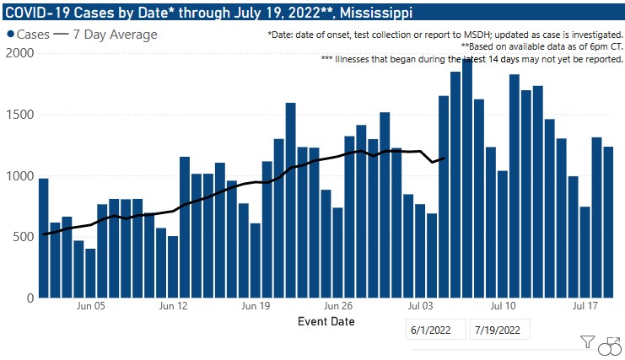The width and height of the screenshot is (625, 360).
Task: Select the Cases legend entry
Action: [x=29, y=35]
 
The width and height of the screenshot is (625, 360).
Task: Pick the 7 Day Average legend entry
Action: [x=105, y=35]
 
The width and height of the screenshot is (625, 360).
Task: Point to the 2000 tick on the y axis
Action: [x=19, y=53]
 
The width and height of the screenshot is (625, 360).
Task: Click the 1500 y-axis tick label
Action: [x=19, y=115]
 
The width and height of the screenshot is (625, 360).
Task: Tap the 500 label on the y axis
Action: [x=22, y=238]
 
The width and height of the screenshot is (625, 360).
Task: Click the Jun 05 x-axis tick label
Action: [x=90, y=306]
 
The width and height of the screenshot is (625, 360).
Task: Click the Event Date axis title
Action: [x=326, y=321]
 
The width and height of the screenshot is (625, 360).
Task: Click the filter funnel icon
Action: [x=588, y=342]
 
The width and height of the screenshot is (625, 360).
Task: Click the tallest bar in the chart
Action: [x=466, y=177]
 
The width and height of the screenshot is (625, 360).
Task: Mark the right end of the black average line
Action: [x=444, y=158]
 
